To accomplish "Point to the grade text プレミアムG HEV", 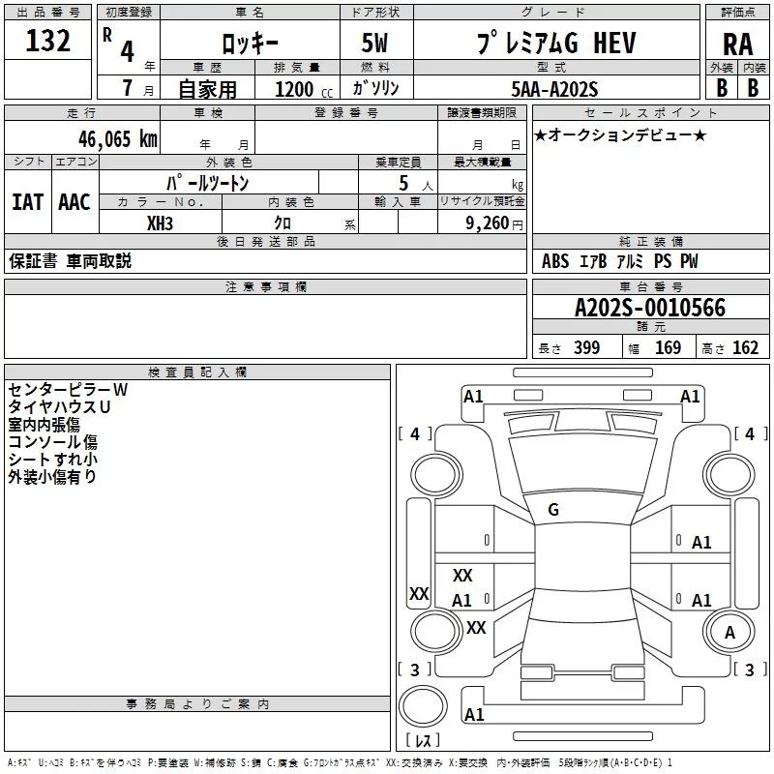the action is pos(542,43).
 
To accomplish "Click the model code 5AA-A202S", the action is pos(555,88).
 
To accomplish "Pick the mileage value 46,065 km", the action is pos(100,138).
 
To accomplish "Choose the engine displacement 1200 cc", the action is pos(297,89).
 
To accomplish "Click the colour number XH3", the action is pos(161,223).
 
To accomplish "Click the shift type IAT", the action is pos(27,201).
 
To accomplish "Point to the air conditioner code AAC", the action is pos(74,201).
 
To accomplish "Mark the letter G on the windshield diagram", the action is pos(553,510).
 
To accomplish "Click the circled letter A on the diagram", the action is pos(729,633).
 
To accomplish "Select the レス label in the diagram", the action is pos(423,742).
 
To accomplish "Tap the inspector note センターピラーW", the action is pos(68,389).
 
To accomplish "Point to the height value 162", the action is pos(745,348).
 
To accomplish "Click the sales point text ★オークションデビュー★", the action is pos(619,134).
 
